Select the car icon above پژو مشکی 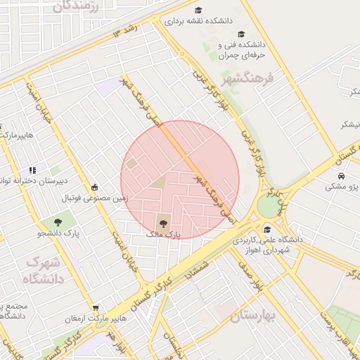[x=340, y=176]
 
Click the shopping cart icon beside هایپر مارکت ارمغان [x=96, y=307]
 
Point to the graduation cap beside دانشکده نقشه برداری [x=198, y=11]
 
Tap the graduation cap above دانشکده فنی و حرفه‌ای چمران [x=241, y=34]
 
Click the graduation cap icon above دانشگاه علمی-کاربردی [x=266, y=229]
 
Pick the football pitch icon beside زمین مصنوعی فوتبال [x=95, y=187]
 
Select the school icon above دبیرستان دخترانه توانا [x=32, y=169]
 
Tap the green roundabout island [x=268, y=207]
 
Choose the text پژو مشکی [x=341, y=188]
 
